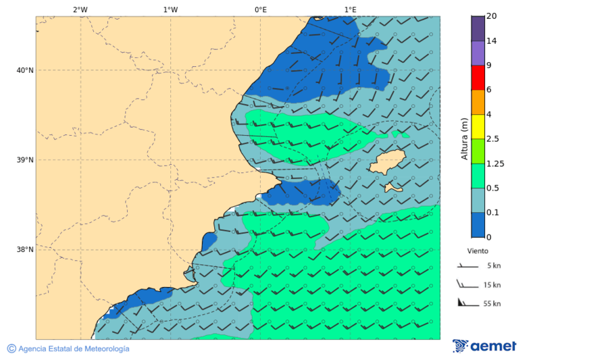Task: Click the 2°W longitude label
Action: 80,9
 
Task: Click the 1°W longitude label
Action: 170,9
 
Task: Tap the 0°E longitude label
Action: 260,9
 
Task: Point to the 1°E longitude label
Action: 350,9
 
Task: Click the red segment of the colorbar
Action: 478,78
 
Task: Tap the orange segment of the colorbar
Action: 478,102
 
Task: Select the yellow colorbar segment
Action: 478,126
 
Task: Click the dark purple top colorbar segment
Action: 478,28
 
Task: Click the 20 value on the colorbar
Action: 491,16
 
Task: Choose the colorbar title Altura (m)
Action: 464,138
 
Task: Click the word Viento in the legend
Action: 478,251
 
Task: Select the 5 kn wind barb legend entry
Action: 479,266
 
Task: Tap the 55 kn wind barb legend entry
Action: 479,303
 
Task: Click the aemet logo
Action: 484,346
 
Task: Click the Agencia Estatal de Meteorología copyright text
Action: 68,349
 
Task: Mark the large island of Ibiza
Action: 386,163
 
